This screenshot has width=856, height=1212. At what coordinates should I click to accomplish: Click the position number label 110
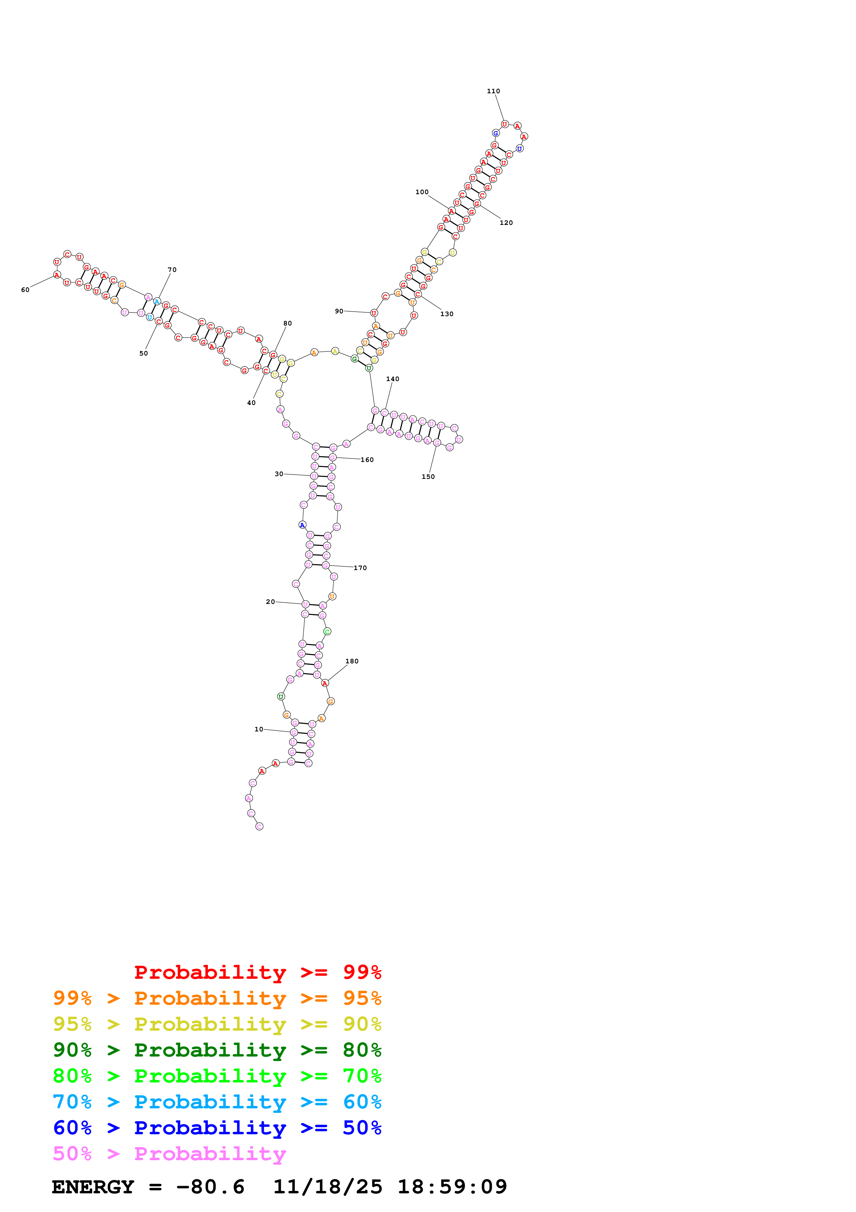coord(493,91)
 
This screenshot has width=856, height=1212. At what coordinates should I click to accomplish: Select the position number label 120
coord(506,223)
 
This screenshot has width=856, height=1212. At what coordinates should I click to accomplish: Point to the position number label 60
coord(25,290)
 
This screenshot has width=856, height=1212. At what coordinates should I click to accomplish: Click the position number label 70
coord(172,270)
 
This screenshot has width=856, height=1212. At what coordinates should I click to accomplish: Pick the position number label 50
coord(143,354)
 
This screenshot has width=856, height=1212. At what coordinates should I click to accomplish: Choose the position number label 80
coord(287,324)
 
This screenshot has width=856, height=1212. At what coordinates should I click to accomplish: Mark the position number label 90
coord(339,311)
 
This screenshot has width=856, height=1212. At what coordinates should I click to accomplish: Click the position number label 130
coord(447,314)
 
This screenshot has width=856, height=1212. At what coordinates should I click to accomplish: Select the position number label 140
coord(392,379)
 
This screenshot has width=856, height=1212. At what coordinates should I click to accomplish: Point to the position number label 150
coord(428,477)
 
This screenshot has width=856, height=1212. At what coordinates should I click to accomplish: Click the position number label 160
coord(367,460)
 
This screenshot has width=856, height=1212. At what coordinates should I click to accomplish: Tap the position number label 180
coord(352,661)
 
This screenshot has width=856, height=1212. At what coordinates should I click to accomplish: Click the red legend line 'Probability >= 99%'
coord(257,972)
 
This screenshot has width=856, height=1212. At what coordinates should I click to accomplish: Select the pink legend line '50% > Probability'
coord(169,1153)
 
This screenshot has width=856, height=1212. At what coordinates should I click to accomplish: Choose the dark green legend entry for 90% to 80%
coord(217,1050)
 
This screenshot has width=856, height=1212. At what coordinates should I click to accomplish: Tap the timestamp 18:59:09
coord(452,1187)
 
